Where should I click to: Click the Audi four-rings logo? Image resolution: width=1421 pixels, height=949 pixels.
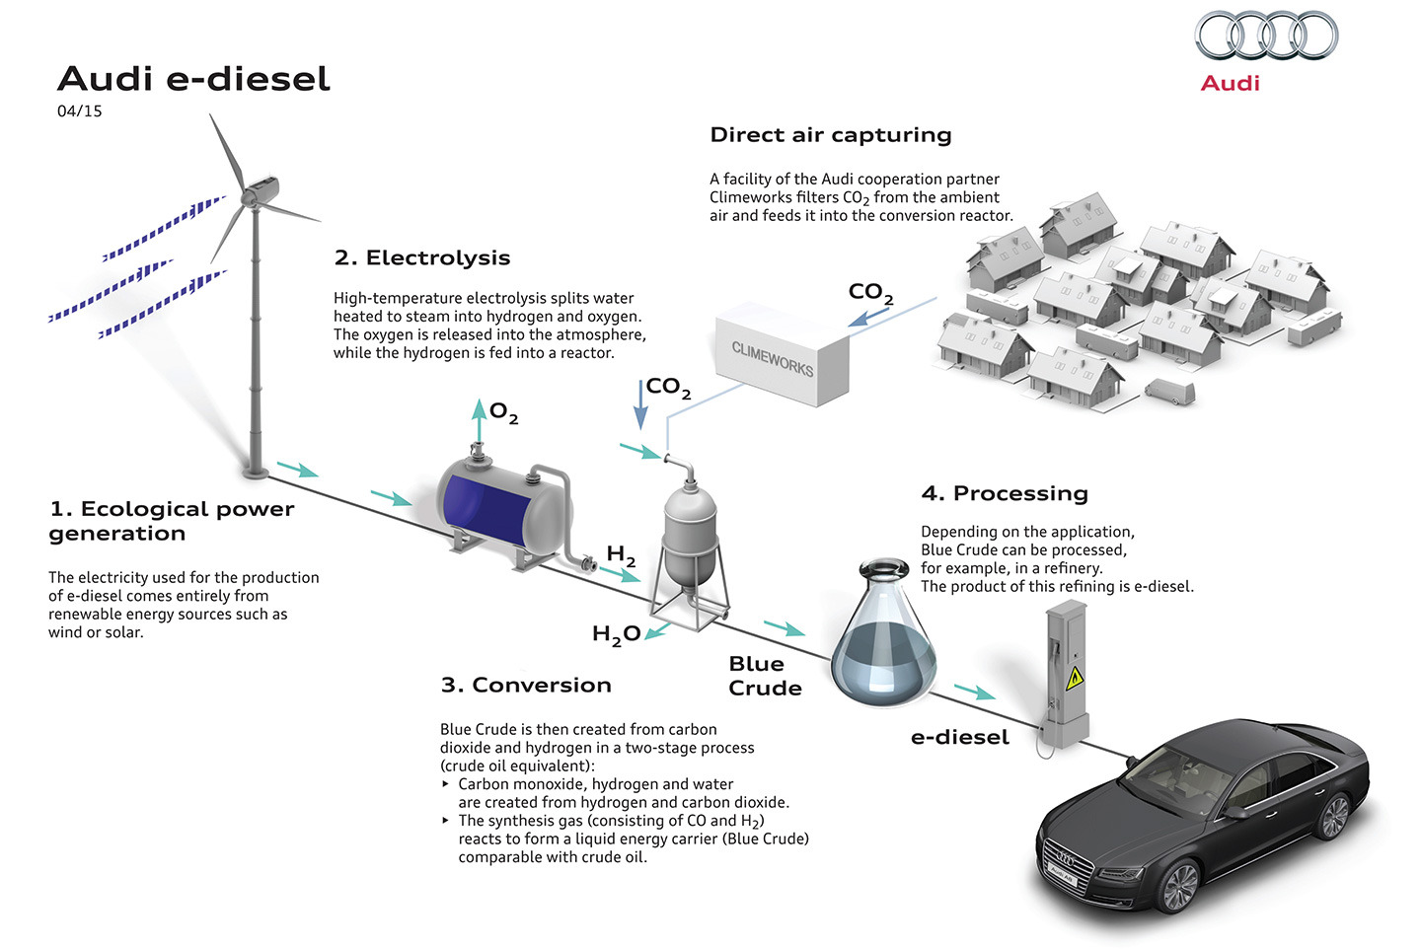1266,36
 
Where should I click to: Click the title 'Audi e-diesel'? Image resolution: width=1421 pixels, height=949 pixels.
193,79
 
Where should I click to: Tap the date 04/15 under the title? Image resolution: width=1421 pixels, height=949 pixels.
80,111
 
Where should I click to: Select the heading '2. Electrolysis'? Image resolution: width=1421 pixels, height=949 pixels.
422,258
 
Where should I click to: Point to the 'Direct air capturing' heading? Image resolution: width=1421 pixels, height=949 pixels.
830,135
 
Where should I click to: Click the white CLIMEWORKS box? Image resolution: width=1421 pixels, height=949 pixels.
781,355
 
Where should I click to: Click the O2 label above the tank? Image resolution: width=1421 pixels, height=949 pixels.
503,412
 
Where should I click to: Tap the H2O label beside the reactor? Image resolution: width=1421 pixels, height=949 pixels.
616,634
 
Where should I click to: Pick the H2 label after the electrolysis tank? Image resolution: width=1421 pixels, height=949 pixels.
621,555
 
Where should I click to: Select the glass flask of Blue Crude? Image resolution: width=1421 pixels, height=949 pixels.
884,636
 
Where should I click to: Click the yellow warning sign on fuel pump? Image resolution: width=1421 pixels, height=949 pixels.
1075,677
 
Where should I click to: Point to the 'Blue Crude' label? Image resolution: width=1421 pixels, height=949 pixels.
765,676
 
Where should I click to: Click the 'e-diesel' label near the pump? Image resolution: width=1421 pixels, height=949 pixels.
959,738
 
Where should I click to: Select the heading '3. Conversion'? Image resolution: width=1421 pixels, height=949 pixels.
526,686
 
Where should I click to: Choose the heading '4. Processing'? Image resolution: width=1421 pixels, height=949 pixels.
1004,493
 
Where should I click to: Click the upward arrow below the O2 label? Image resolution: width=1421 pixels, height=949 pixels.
479,421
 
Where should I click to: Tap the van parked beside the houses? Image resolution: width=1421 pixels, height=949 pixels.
1169,391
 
